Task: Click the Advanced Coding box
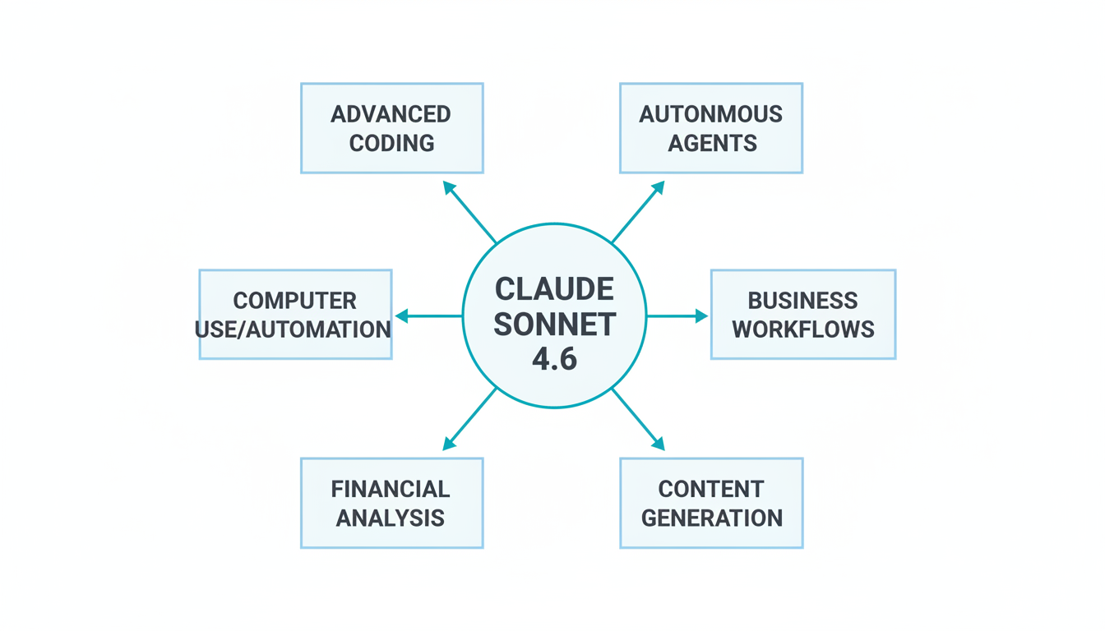pyautogui.click(x=391, y=128)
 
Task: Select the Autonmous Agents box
pyautogui.click(x=710, y=128)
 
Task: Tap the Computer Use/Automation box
pyautogui.click(x=295, y=315)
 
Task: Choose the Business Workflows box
pyautogui.click(x=802, y=315)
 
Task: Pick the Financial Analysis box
pyautogui.click(x=391, y=503)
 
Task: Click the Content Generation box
pyautogui.click(x=710, y=503)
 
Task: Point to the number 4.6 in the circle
pyautogui.click(x=554, y=359)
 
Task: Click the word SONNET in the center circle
pyautogui.click(x=554, y=325)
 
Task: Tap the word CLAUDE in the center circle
pyautogui.click(x=554, y=289)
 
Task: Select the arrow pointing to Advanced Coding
pyautogui.click(x=469, y=212)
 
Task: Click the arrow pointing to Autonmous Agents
pyautogui.click(x=638, y=212)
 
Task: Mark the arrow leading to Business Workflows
pyautogui.click(x=677, y=315)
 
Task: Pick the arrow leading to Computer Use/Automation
pyautogui.click(x=428, y=315)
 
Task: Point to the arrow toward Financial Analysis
pyautogui.click(x=469, y=419)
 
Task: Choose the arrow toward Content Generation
pyautogui.click(x=638, y=419)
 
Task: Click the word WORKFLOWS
pyautogui.click(x=802, y=329)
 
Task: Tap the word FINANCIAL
pyautogui.click(x=391, y=489)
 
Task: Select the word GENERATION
pyautogui.click(x=711, y=518)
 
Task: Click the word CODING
pyautogui.click(x=391, y=143)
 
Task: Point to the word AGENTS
pyautogui.click(x=712, y=143)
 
